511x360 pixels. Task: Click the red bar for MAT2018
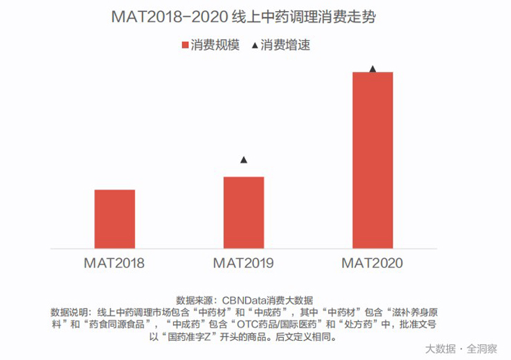pyautogui.click(x=114, y=218)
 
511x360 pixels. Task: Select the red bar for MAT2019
pyautogui.click(x=243, y=212)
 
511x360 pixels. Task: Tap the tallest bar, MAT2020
pyautogui.click(x=373, y=159)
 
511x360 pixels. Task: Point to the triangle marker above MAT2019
pyautogui.click(x=244, y=161)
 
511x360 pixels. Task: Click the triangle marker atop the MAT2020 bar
pyautogui.click(x=373, y=69)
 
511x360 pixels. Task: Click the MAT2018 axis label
pyautogui.click(x=114, y=263)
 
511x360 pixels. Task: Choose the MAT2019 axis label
pyautogui.click(x=243, y=263)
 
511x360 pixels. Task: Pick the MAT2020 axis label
pyautogui.click(x=372, y=263)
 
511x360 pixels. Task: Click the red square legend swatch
pyautogui.click(x=185, y=46)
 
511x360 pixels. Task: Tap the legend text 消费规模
pyautogui.click(x=215, y=46)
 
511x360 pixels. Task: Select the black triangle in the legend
pyautogui.click(x=255, y=46)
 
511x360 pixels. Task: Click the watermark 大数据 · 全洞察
pyautogui.click(x=460, y=348)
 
